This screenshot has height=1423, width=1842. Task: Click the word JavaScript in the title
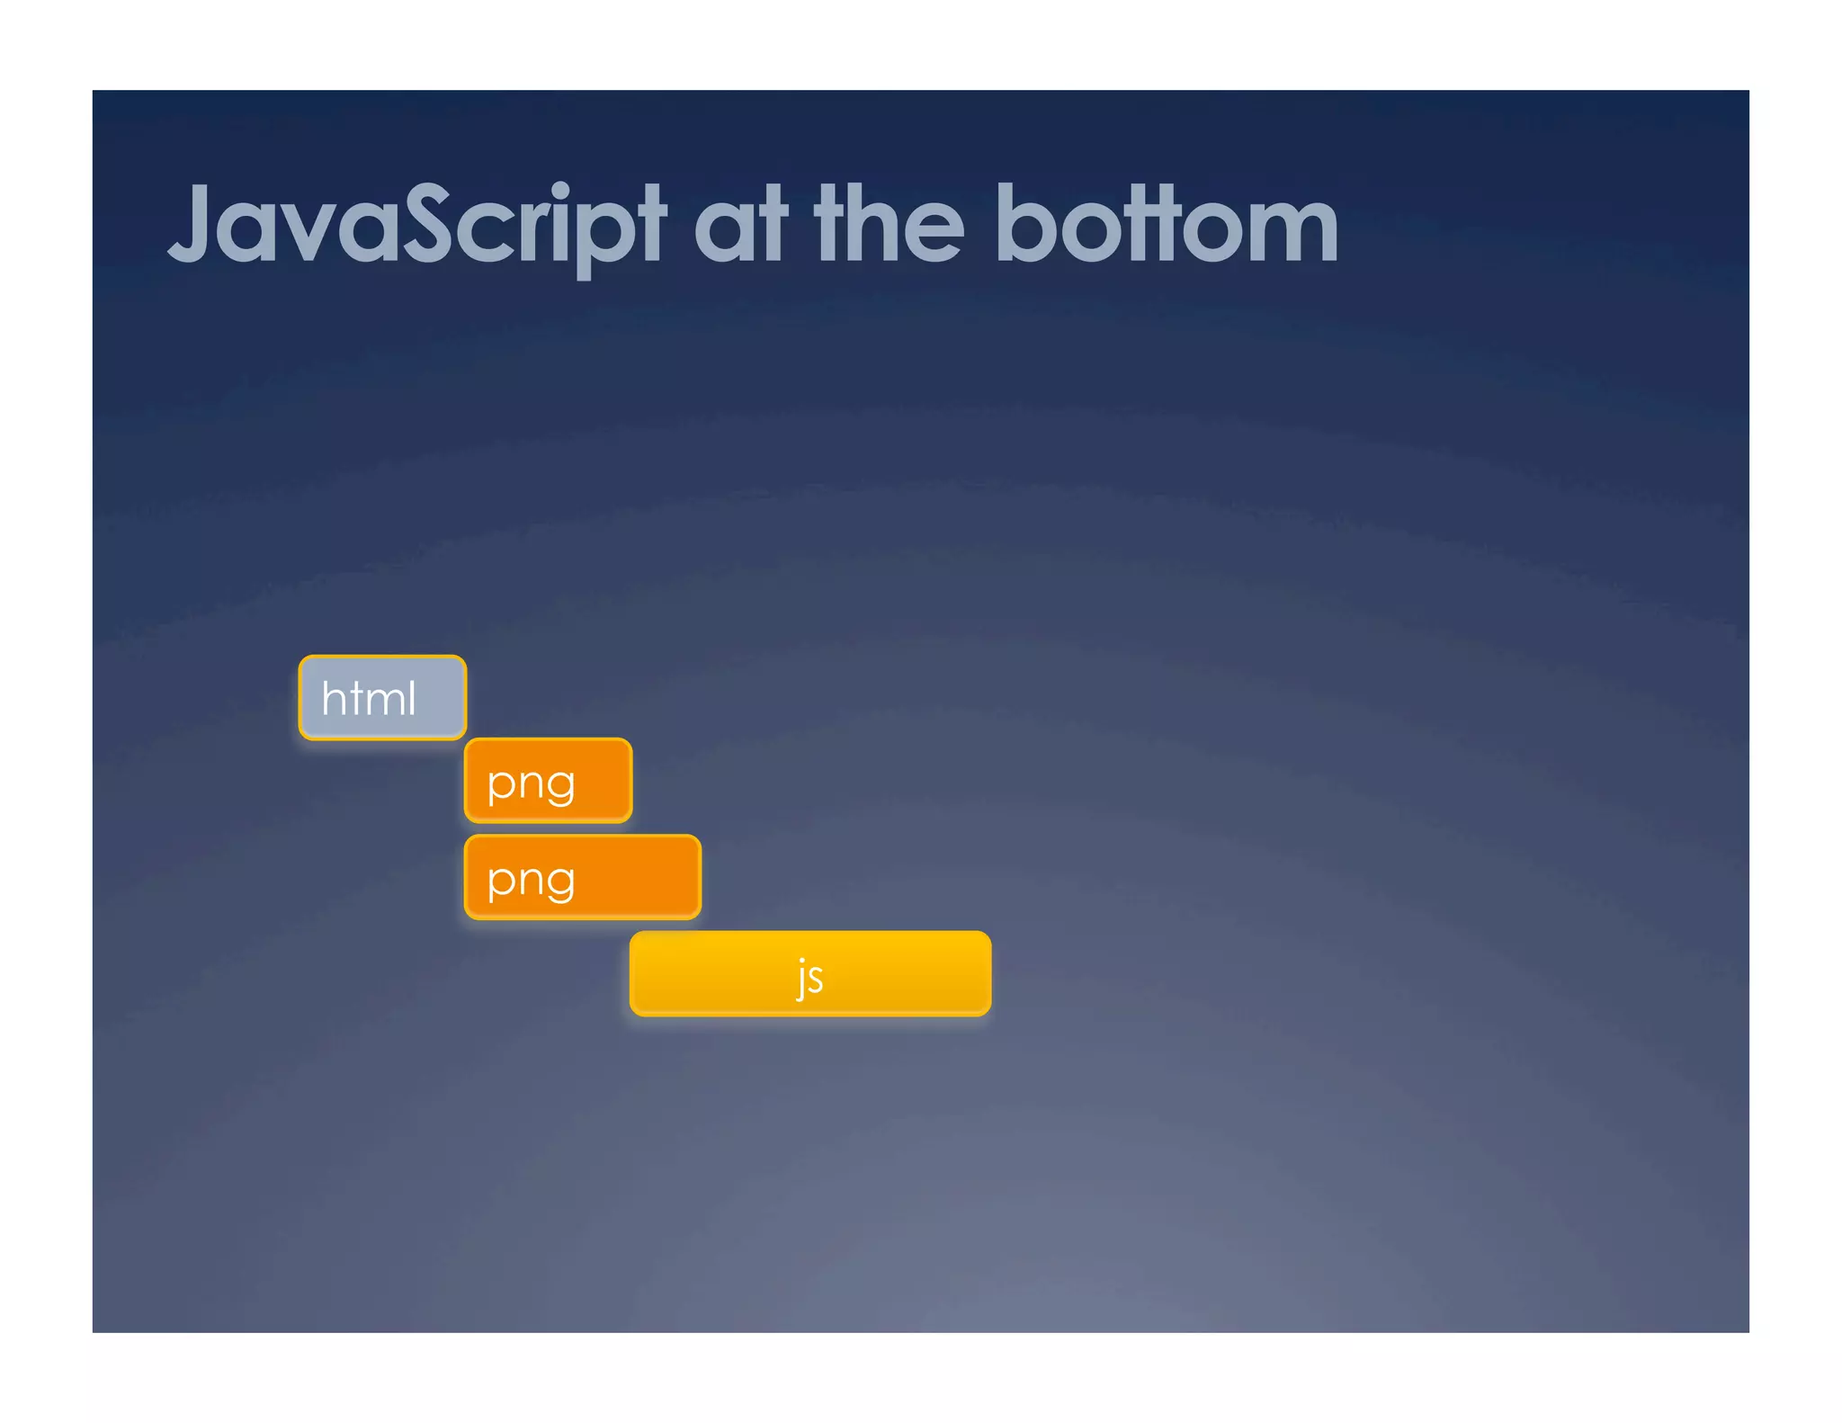pyautogui.click(x=416, y=225)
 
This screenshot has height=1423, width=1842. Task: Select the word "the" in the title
pyautogui.click(x=889, y=225)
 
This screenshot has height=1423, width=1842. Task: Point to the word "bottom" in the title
pyautogui.click(x=1167, y=225)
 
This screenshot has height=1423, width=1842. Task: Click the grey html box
pyautogui.click(x=382, y=698)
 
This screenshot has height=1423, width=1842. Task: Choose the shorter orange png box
pyautogui.click(x=548, y=781)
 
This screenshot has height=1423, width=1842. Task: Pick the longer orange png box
pyautogui.click(x=583, y=877)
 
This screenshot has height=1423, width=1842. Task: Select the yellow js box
pyautogui.click(x=810, y=974)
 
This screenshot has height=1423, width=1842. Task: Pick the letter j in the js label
pyautogui.click(x=800, y=979)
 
